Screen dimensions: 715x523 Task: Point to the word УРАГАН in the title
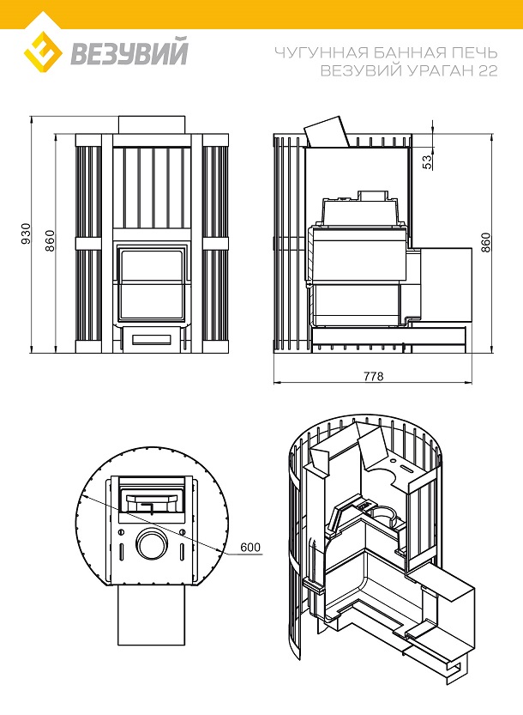tap(440, 72)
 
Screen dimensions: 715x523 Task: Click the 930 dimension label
tap(26, 233)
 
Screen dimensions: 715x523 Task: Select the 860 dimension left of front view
tap(50, 240)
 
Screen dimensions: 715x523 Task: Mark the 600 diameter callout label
tap(249, 547)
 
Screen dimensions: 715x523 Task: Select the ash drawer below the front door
tap(151, 339)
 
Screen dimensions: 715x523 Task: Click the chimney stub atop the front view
tap(151, 124)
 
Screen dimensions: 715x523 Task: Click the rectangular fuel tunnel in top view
tap(151, 616)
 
